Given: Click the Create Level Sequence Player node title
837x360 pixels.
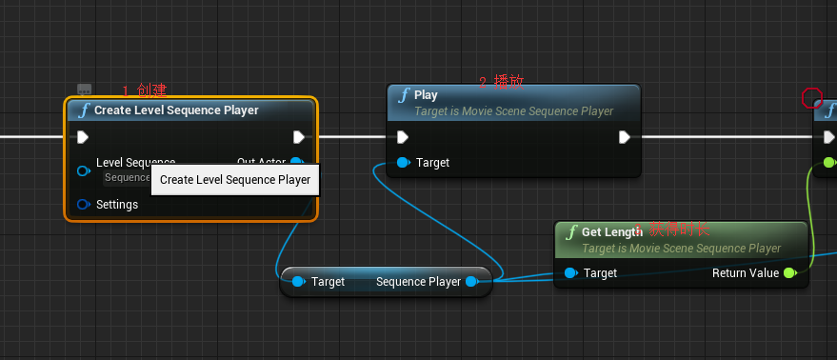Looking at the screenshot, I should pyautogui.click(x=176, y=110).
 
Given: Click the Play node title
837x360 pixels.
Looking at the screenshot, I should pyautogui.click(x=426, y=95).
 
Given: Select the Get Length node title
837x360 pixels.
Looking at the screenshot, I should pyautogui.click(x=612, y=232).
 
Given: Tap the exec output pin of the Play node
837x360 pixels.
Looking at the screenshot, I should pyautogui.click(x=625, y=137).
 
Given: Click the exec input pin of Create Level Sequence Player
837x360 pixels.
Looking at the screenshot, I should pyautogui.click(x=83, y=137).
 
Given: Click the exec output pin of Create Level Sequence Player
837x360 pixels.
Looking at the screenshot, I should pyautogui.click(x=299, y=137).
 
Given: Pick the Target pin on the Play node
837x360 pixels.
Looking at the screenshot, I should pyautogui.click(x=403, y=163).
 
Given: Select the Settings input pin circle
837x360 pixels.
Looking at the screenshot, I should pyautogui.click(x=83, y=205).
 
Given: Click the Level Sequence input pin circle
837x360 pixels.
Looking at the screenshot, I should pyautogui.click(x=83, y=170).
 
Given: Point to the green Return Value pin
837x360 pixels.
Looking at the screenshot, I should pyautogui.click(x=788, y=273).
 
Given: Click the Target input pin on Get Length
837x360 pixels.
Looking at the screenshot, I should pyautogui.click(x=569, y=273).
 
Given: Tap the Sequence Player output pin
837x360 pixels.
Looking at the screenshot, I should pyautogui.click(x=471, y=282).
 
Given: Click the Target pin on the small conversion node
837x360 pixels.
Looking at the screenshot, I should pyautogui.click(x=298, y=282).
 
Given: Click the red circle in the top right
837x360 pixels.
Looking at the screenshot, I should pyautogui.click(x=811, y=97).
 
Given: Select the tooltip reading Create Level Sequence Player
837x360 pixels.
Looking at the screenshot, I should pyautogui.click(x=235, y=180).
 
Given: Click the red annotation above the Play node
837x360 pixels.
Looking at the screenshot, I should pyautogui.click(x=501, y=83).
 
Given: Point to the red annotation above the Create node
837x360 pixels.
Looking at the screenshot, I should pyautogui.click(x=145, y=90).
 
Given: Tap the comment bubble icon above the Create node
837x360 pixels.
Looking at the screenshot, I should pyautogui.click(x=84, y=89).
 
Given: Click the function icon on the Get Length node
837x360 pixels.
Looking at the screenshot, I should pyautogui.click(x=570, y=232).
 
